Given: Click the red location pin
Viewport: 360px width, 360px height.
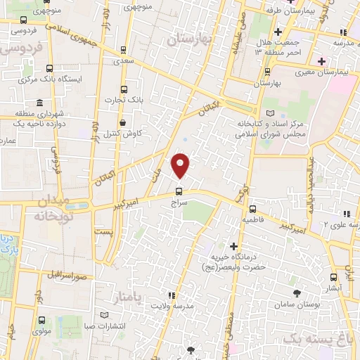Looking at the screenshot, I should point(181,166).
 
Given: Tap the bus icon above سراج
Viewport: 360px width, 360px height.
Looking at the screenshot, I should point(178,190).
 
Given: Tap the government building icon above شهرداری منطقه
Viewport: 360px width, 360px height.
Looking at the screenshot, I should point(40,102).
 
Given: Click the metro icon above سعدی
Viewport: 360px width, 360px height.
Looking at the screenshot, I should point(124,50).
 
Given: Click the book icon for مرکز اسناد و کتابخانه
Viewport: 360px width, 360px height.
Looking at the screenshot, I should point(270,113).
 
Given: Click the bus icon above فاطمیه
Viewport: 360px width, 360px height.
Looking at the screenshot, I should point(252,209).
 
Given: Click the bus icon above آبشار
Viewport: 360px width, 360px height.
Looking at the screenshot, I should point(334,278).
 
